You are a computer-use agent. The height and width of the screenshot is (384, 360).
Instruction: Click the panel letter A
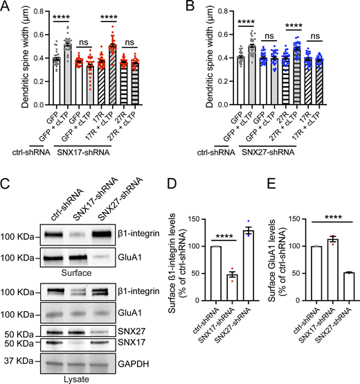click(x=6, y=6)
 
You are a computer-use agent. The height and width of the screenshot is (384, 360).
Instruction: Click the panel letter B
click(x=187, y=6)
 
